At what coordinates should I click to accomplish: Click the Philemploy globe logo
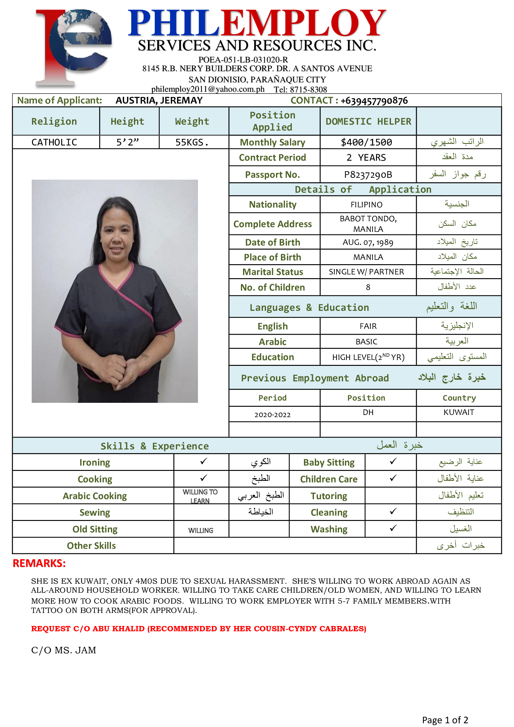tap(73, 48)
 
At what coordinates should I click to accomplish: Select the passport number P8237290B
tap(368, 174)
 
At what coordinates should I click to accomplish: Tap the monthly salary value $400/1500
tap(366, 142)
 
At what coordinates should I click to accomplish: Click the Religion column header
tap(54, 121)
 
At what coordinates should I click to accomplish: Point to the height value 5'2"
tap(127, 142)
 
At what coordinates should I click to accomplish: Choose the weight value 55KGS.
tap(192, 142)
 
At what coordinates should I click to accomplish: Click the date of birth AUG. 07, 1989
tap(368, 242)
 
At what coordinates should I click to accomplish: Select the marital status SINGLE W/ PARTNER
tap(366, 272)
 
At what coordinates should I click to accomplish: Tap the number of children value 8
tap(368, 287)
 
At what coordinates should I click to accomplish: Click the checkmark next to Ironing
tap(204, 461)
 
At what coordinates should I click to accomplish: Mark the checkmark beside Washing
tap(393, 528)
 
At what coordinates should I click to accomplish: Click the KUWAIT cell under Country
tap(459, 412)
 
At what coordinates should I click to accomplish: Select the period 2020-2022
tap(273, 415)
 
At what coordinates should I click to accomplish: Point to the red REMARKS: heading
tap(39, 563)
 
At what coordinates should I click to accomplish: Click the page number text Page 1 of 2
tap(445, 720)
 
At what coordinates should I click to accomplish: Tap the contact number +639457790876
tap(374, 101)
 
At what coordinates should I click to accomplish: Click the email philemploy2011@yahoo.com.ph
tap(208, 89)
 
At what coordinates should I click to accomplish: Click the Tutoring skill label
tap(328, 496)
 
